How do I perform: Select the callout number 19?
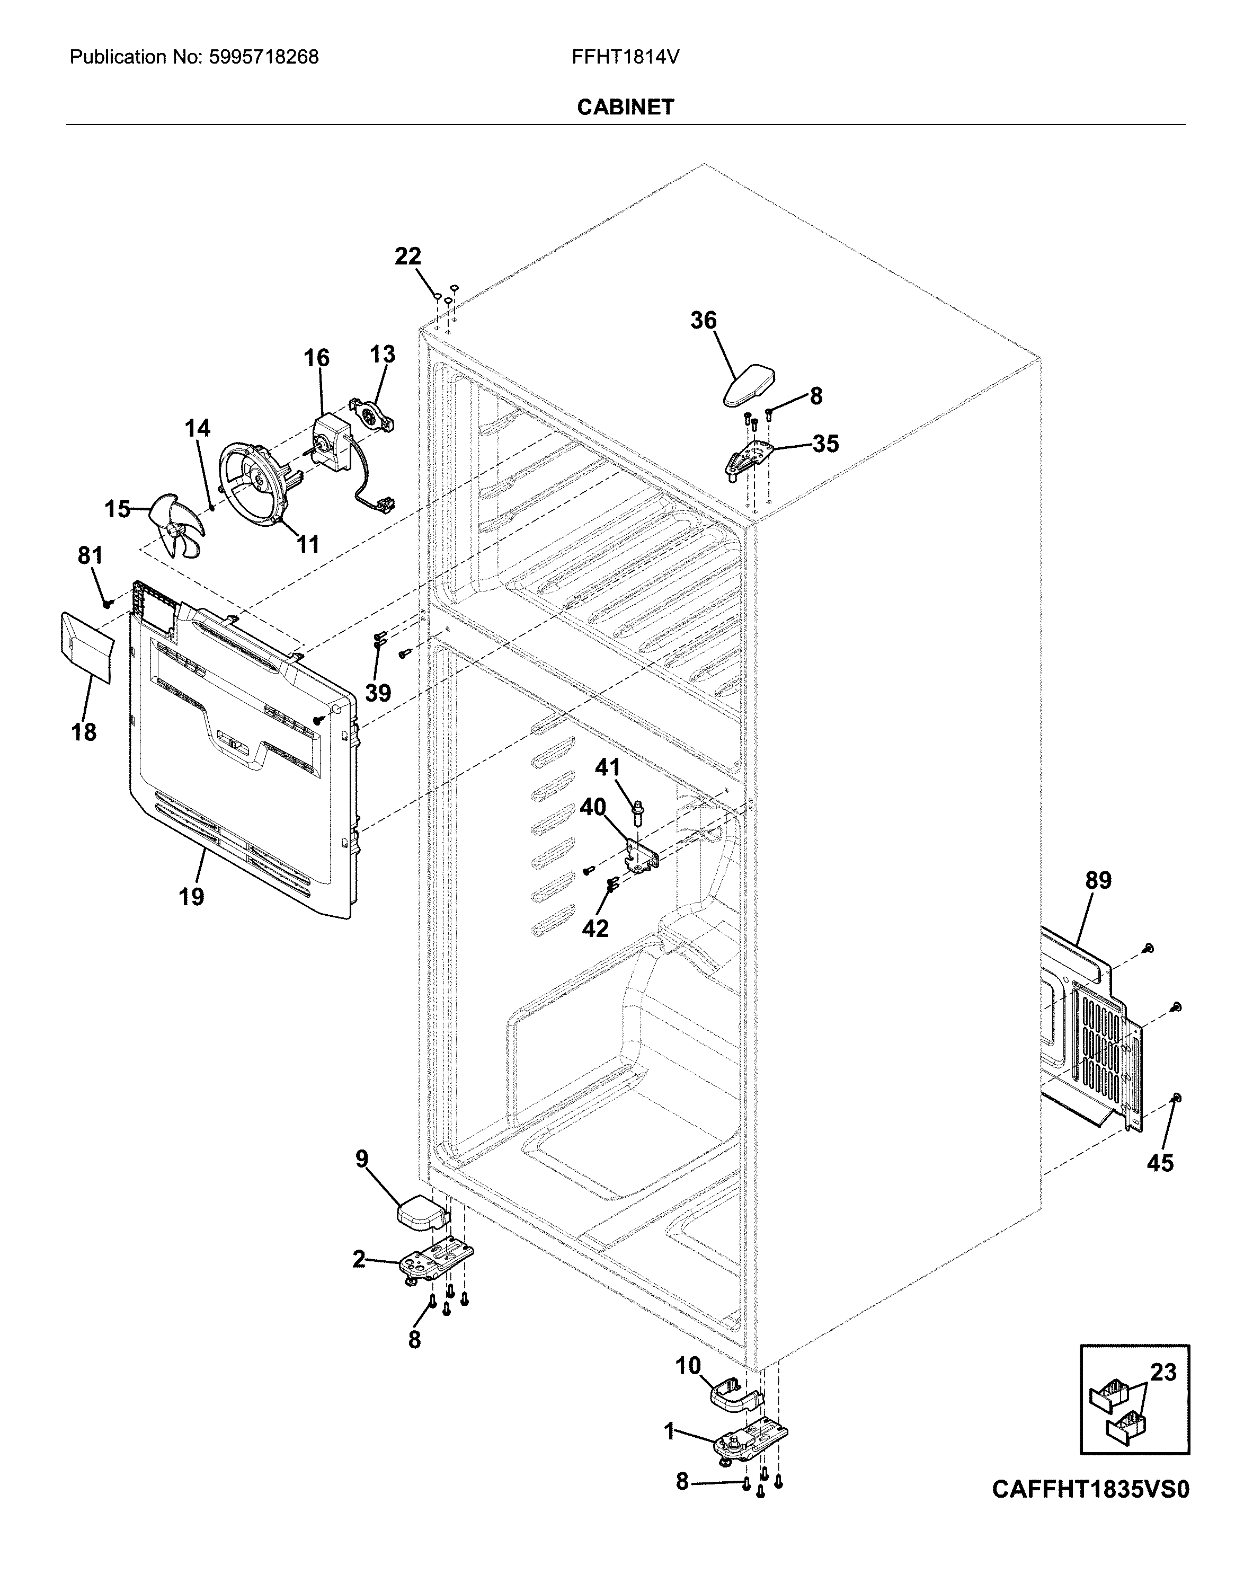(191, 896)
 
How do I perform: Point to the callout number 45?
(1160, 1162)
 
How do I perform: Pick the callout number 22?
(408, 257)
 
